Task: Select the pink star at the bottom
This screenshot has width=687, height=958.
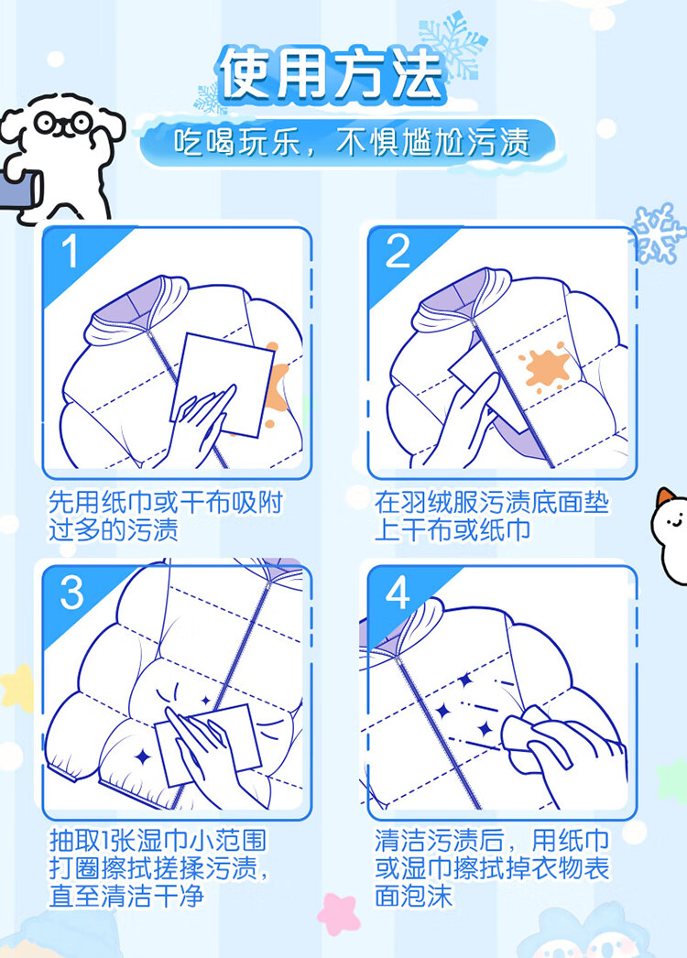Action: click(x=337, y=914)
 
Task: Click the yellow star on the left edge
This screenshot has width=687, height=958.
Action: click(x=17, y=687)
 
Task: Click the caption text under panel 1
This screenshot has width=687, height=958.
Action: click(x=165, y=517)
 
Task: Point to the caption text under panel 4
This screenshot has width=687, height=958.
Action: click(x=492, y=867)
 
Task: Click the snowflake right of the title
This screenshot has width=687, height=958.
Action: click(x=453, y=46)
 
